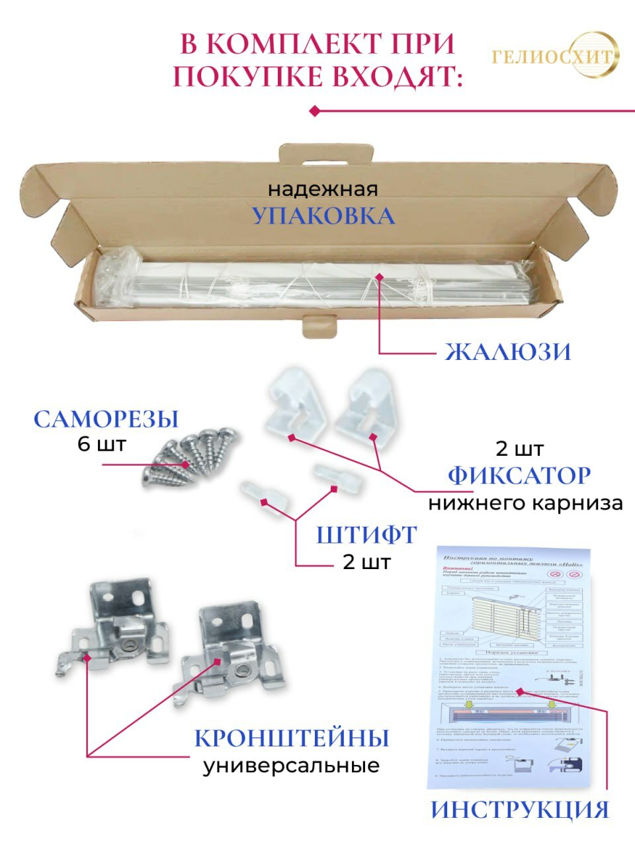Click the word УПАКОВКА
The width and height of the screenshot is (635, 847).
[x=323, y=216]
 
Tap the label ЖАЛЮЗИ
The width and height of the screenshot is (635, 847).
[x=507, y=351]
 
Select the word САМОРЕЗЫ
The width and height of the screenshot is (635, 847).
[x=106, y=419]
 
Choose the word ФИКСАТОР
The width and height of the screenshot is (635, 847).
[x=519, y=475]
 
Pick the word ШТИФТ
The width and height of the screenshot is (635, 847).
[x=366, y=534]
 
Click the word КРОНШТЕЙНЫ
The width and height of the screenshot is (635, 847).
[x=292, y=738]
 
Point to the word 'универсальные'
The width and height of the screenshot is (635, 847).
[x=291, y=766]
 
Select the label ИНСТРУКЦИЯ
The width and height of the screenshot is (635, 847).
[x=519, y=809]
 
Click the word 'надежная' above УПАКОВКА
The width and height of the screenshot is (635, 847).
[x=323, y=189]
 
